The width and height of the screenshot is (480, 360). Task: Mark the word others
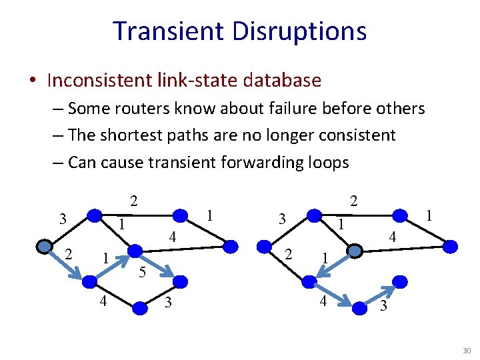point(401,108)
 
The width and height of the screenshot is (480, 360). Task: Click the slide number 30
point(466,351)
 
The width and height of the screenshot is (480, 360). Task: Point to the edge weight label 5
point(141,271)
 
